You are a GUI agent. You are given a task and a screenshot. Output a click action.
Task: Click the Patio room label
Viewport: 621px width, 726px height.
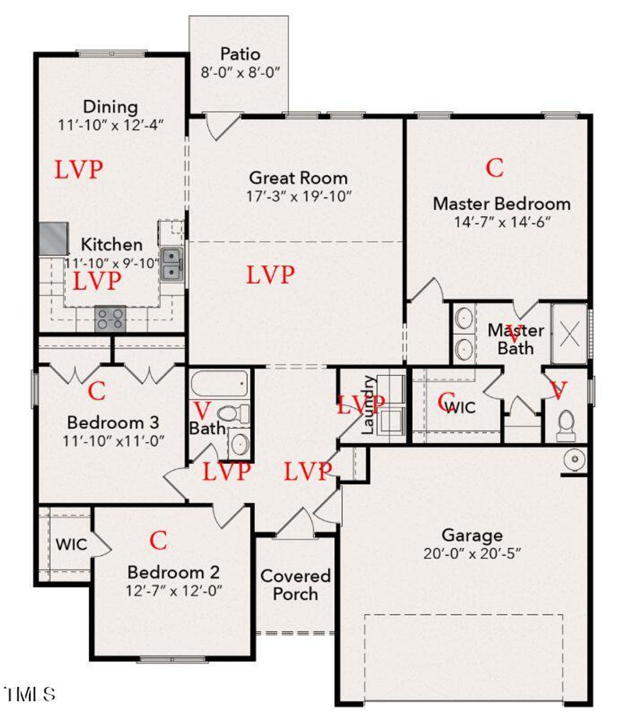coord(240,54)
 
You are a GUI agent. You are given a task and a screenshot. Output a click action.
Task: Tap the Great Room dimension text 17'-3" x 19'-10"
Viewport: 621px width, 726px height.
coord(298,196)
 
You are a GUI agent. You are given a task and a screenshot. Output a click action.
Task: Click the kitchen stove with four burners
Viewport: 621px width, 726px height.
coord(110,319)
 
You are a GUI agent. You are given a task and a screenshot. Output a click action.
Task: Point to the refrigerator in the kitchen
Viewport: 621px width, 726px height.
coord(53,238)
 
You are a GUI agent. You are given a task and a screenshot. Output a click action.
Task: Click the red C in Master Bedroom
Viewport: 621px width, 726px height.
coord(494,168)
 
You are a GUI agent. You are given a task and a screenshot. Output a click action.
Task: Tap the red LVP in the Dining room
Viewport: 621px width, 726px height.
coord(79,170)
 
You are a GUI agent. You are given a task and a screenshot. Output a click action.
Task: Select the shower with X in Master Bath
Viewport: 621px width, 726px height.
coord(570,334)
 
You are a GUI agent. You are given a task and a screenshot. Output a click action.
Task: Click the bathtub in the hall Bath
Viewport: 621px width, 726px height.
coord(219,383)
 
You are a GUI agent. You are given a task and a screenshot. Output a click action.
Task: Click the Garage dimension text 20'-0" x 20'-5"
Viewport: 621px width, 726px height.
coord(472,554)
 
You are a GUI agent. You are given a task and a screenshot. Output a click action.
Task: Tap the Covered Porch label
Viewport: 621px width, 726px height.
coord(295,585)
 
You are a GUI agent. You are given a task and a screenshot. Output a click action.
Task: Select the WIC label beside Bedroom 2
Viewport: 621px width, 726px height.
coord(71,544)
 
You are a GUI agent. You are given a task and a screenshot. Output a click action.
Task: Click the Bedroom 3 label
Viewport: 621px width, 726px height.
coord(113,422)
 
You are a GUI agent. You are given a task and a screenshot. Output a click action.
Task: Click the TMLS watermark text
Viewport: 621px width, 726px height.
coord(30,694)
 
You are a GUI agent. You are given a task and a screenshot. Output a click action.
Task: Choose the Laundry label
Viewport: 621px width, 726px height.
coord(368,405)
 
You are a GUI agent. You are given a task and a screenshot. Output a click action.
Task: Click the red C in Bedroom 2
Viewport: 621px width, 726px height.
coord(158,541)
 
